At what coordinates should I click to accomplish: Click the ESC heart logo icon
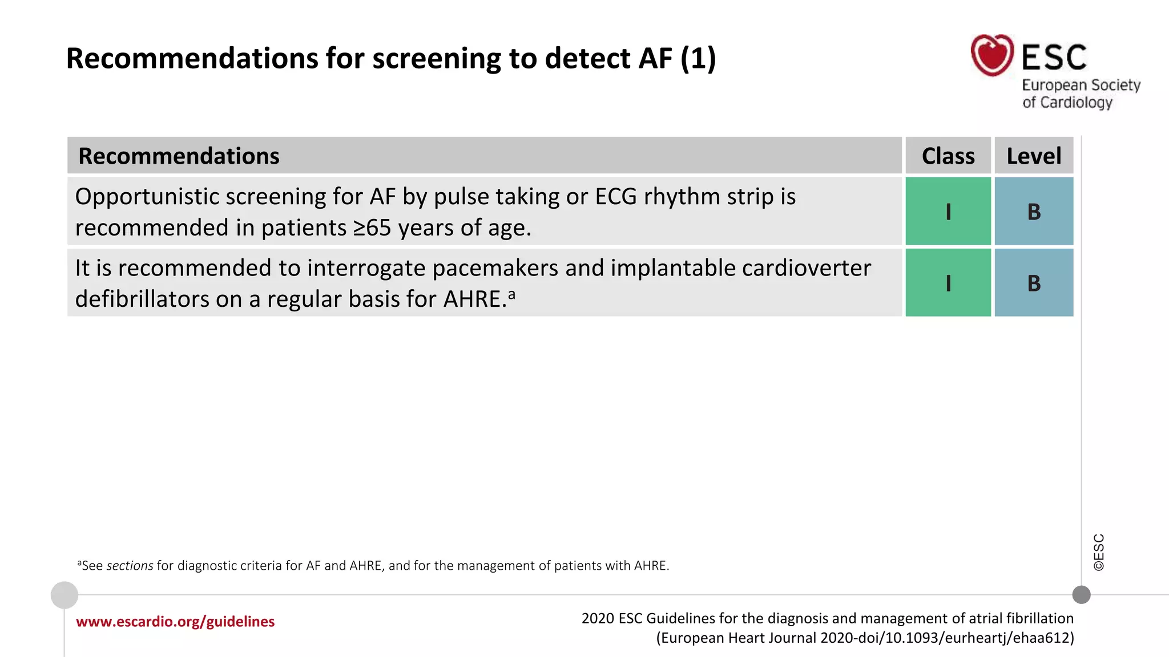coord(992,55)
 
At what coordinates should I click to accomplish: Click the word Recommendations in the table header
coord(179,156)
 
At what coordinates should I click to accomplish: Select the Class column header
coord(948,156)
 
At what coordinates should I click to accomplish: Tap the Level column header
coord(1033,156)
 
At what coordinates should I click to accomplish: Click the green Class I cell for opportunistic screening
coord(948,212)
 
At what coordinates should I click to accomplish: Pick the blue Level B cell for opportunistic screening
coord(1033,212)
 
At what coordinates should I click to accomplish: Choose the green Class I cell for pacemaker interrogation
coord(948,283)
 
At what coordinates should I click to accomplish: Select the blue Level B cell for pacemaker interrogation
coord(1033,283)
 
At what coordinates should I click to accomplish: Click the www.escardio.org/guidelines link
coord(175,622)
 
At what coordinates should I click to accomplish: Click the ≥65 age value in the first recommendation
coord(372,228)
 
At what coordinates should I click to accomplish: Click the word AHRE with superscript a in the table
coord(478,299)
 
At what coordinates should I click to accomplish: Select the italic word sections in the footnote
coord(130,566)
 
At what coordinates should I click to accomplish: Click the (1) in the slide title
coord(698,59)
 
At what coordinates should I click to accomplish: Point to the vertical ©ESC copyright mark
coord(1099,552)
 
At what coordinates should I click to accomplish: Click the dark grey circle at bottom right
coord(1081,595)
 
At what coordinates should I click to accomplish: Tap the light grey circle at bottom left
coord(65,595)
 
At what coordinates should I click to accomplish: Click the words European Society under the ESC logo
coord(1081,86)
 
